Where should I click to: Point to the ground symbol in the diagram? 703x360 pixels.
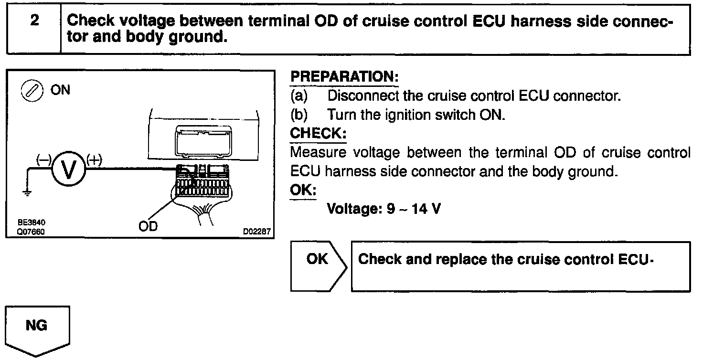point(28,193)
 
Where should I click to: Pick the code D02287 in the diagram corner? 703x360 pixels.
point(257,232)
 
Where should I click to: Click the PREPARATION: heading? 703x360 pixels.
point(344,76)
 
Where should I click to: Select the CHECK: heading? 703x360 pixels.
point(318,134)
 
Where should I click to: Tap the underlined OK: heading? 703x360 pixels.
point(303,190)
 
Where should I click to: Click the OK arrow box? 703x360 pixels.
point(317,259)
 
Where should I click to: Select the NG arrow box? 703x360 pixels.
point(37,326)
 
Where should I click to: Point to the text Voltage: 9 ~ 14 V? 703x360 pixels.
point(383,209)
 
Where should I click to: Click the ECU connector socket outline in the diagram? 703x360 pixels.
point(203,141)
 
